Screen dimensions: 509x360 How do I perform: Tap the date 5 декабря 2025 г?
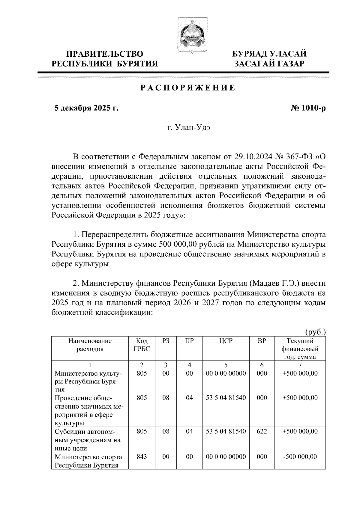coord(86,108)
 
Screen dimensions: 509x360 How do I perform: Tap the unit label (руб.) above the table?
coord(315,332)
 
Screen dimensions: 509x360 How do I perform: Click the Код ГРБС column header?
coord(142,345)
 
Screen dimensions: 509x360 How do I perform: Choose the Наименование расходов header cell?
coord(90,345)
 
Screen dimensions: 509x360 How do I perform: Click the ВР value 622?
coord(262,431)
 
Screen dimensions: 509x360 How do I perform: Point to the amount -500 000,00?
coord(300,457)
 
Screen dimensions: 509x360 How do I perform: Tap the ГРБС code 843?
coord(142,457)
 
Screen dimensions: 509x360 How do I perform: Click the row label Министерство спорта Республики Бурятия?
coord(88,461)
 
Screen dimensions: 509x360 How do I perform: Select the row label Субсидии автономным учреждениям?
coord(87,440)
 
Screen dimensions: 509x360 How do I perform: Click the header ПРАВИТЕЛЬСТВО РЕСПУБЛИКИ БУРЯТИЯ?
coord(105,58)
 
